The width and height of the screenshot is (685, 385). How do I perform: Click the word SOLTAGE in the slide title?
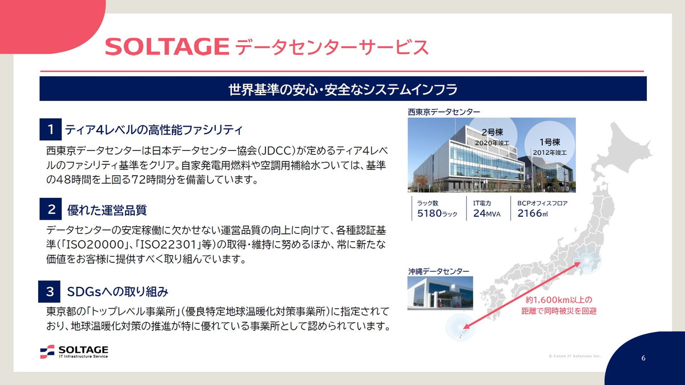[x=167, y=47]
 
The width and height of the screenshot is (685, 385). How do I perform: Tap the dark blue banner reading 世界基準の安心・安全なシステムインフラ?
[x=342, y=89]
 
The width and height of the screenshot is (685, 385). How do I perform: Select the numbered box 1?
[x=51, y=129]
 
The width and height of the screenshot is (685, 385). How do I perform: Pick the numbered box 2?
[x=51, y=209]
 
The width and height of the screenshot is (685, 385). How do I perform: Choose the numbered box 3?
[x=50, y=292]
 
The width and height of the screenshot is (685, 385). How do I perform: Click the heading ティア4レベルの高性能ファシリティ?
[x=154, y=129]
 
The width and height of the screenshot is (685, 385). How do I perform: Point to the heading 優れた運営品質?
[x=107, y=210]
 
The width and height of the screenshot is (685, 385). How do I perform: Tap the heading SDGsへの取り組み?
[x=118, y=292]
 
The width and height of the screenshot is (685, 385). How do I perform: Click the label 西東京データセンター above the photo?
[x=444, y=112]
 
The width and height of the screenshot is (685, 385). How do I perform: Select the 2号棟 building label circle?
[x=491, y=136]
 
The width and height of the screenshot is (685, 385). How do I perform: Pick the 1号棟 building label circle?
[x=549, y=146]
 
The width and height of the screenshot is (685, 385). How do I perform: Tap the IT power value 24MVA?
[x=486, y=214]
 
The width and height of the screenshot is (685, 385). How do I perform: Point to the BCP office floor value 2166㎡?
[x=531, y=214]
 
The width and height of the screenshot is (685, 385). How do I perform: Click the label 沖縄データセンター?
[x=438, y=271]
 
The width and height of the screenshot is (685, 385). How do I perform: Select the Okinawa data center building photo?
[x=440, y=293]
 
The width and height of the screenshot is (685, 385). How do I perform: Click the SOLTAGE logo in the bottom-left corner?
[x=74, y=351]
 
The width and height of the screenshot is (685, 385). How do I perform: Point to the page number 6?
[x=643, y=358]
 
